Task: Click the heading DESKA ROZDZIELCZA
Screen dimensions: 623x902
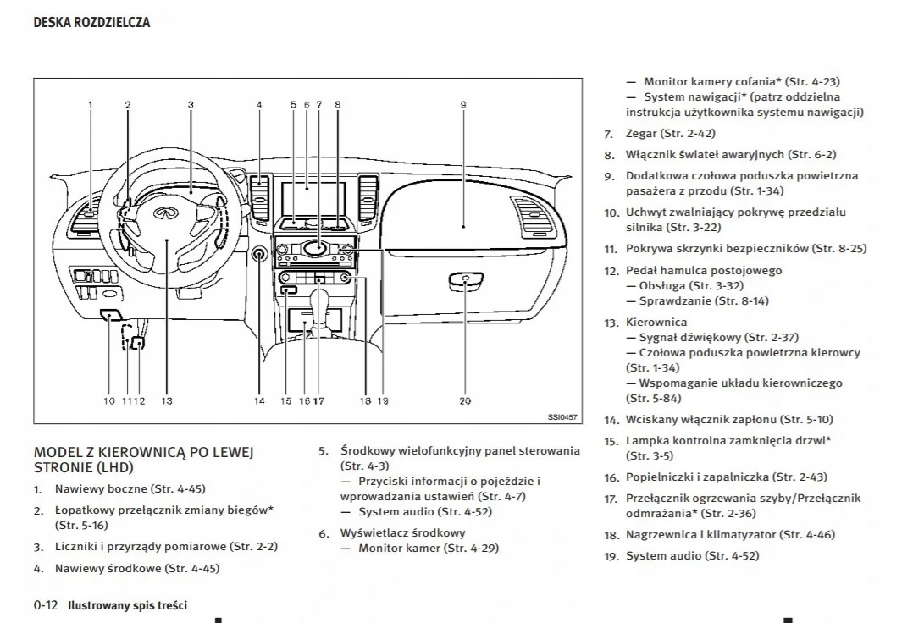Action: pos(91,23)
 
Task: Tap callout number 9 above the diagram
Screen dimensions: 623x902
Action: pos(463,104)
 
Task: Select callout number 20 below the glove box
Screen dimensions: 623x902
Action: pos(465,400)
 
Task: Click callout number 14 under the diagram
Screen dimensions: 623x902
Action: pos(259,400)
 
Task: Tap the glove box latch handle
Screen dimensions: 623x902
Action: pos(466,278)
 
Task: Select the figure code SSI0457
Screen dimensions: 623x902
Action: pos(562,416)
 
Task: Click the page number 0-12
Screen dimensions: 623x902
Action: pos(46,605)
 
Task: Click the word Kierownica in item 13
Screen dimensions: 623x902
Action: pos(656,323)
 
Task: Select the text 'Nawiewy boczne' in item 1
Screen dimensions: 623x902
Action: pos(100,489)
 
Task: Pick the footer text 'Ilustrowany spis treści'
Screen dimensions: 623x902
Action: pos(127,605)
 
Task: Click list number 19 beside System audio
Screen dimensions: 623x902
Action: pos(611,557)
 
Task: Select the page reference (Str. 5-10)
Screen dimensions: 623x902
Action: pos(806,420)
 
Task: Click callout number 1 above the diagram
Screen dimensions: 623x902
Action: pos(90,104)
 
